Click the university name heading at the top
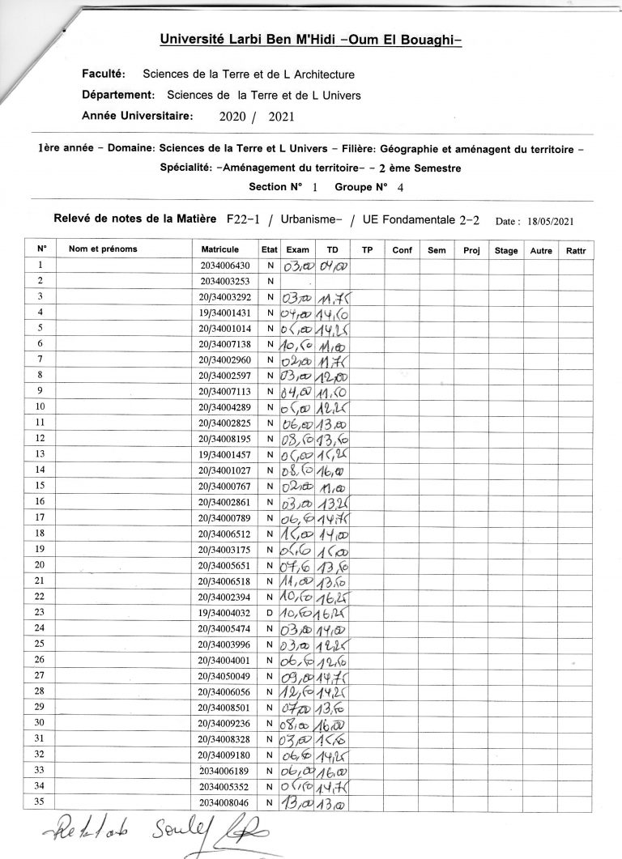point(310,39)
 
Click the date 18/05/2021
point(551,221)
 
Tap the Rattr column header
point(577,250)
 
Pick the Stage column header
point(506,250)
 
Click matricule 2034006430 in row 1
point(226,266)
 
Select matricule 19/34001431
point(225,313)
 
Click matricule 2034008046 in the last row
point(226,802)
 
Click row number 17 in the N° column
point(40,516)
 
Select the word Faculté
point(102,74)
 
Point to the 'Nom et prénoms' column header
point(103,249)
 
